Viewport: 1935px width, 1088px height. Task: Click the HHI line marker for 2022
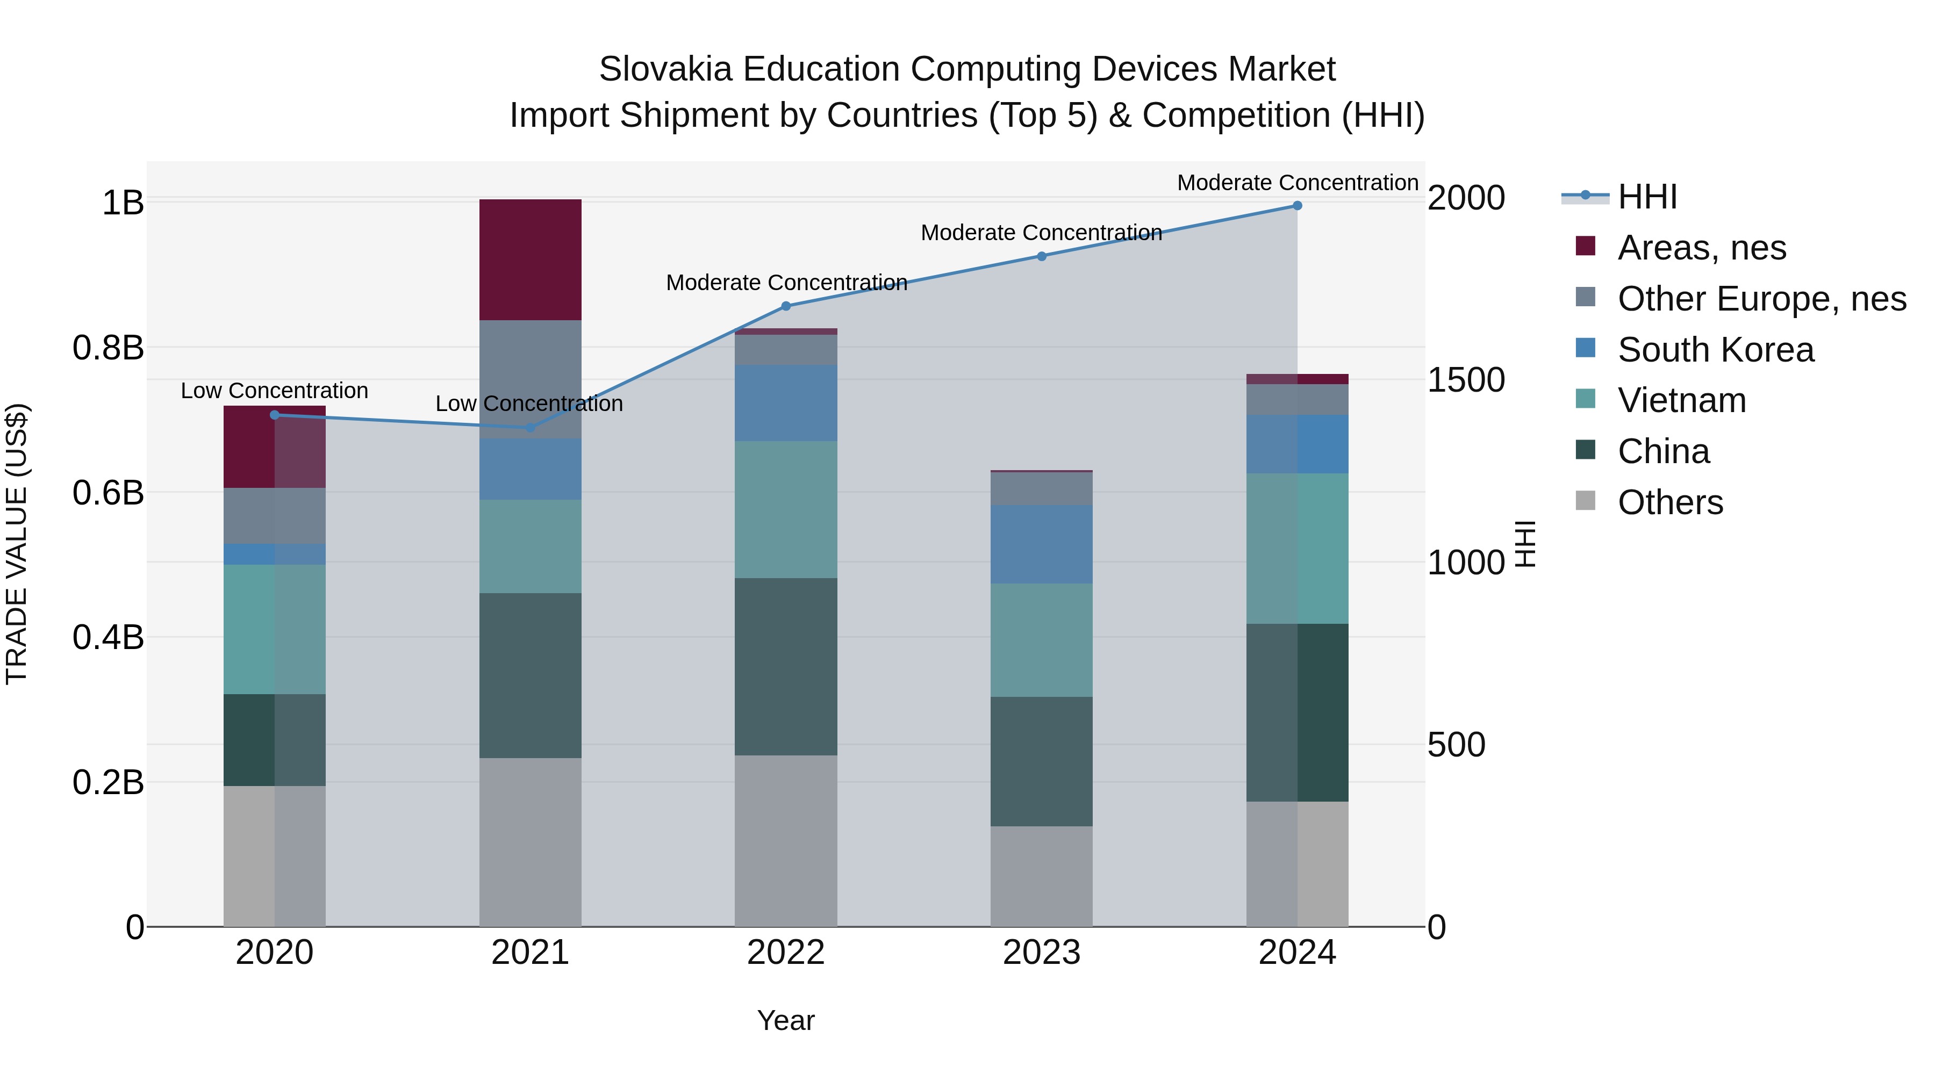786,306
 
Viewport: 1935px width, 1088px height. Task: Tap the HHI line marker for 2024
1298,206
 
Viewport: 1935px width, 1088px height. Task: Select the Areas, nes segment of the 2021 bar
531,260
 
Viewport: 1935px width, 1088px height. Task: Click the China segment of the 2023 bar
1041,761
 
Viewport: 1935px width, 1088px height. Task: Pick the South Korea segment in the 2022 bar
786,403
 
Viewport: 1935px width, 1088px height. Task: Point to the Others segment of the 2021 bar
531,842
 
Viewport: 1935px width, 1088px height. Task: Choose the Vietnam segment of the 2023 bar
1041,640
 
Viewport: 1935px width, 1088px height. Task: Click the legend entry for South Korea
1716,350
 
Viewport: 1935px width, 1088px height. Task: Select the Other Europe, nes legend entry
1761,299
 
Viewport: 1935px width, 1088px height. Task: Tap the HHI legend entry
1647,197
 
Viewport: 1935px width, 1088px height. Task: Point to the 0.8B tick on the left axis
108,348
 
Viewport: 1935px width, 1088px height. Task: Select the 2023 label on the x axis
1041,953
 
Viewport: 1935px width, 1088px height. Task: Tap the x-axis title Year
786,1020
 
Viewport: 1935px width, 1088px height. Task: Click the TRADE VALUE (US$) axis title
17,544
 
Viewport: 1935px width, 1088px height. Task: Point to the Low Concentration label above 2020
274,391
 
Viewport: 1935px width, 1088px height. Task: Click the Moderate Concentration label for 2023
1041,233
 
